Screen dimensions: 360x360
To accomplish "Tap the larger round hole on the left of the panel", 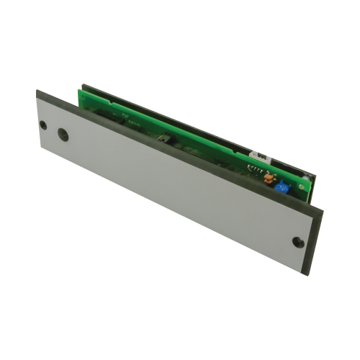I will click(x=62, y=134).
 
